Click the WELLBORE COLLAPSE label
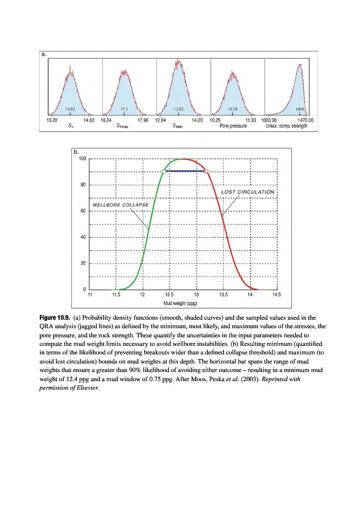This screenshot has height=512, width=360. pyautogui.click(x=113, y=204)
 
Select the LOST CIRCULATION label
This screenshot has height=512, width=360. pyautogui.click(x=247, y=192)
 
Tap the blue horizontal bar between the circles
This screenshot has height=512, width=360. pyautogui.click(x=185, y=171)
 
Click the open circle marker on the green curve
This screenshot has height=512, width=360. pyautogui.click(x=164, y=171)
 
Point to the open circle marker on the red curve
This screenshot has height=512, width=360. pyautogui.click(x=206, y=171)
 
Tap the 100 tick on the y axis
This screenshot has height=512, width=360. pyautogui.click(x=82, y=158)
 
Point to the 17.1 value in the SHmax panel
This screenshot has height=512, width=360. pyautogui.click(x=124, y=108)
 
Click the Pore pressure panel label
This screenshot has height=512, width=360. pyautogui.click(x=233, y=126)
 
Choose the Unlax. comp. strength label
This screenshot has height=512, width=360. pyautogui.click(x=286, y=126)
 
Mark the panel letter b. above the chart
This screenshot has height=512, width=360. pyautogui.click(x=76, y=152)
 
